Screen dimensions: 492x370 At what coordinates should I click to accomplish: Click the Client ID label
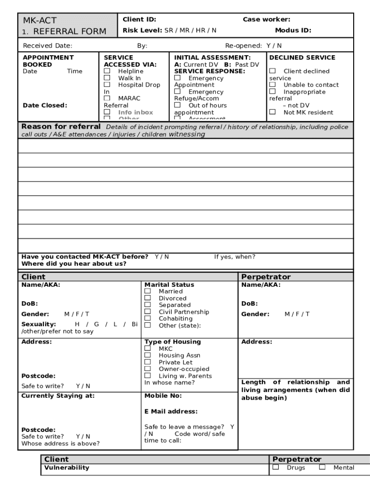tap(139, 20)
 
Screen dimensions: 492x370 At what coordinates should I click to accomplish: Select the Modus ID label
tap(293, 30)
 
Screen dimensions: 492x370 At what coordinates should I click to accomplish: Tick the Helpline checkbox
tap(107, 71)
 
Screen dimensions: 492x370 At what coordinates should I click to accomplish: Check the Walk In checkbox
tap(107, 78)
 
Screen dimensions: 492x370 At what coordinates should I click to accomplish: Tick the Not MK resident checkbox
tap(272, 112)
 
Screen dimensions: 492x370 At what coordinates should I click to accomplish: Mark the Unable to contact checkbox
tap(272, 85)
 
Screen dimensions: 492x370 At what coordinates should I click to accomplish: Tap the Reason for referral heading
tap(61, 126)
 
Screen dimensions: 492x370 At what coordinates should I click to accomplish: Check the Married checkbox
tap(148, 291)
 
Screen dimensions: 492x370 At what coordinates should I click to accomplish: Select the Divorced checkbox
tap(148, 298)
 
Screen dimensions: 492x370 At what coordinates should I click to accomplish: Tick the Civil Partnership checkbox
tap(148, 311)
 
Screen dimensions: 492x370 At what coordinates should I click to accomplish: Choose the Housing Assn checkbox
tap(148, 355)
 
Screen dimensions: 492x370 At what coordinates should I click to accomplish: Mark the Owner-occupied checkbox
tap(148, 369)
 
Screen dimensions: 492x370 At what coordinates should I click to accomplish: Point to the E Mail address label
tap(171, 411)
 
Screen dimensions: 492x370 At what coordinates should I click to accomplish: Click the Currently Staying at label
tap(58, 396)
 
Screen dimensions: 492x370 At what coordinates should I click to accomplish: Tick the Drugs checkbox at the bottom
tap(276, 467)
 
